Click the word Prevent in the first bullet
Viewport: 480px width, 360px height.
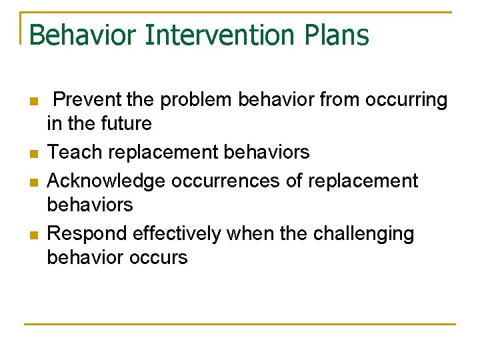point(88,100)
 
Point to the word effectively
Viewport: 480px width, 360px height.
point(177,233)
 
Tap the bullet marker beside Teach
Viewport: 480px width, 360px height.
point(33,153)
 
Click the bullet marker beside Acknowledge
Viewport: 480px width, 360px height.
point(33,181)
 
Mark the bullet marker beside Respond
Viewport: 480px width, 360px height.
point(33,234)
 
